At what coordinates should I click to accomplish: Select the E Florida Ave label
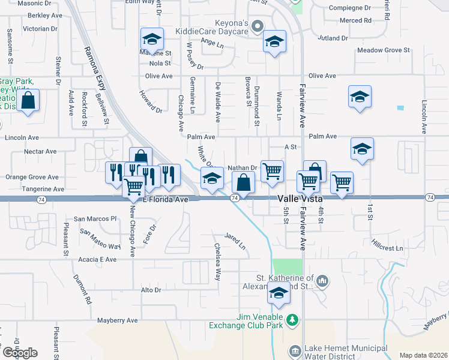166,199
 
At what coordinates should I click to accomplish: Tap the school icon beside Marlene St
152,40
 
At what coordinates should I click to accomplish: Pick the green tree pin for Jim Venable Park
292,320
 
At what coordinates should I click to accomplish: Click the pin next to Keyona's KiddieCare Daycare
258,26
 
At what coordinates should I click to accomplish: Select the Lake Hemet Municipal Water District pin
295,350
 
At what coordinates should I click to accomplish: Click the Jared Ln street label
235,241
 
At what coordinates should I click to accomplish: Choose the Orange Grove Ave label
32,177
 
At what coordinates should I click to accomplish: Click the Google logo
20,353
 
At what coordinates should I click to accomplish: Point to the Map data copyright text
423,355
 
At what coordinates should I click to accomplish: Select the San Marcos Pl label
94,218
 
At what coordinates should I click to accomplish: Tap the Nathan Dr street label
243,168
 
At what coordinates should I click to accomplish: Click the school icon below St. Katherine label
279,294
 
